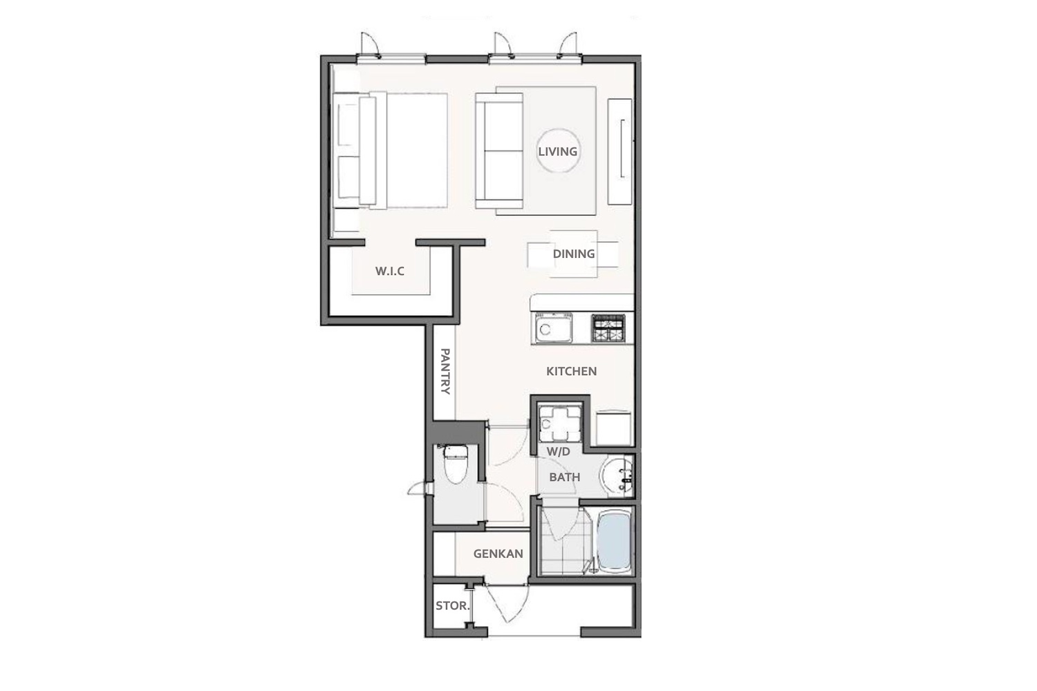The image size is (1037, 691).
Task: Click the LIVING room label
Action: [557, 151]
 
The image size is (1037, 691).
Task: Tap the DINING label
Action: [574, 254]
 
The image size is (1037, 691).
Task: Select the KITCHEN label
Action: [571, 371]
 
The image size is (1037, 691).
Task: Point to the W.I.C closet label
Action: [390, 271]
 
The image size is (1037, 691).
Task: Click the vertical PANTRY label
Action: [445, 371]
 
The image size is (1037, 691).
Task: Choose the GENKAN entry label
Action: [498, 553]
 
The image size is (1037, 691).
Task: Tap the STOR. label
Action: [453, 605]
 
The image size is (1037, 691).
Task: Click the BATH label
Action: [565, 477]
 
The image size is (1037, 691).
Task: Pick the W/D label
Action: [559, 452]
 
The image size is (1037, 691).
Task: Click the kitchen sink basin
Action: [554, 328]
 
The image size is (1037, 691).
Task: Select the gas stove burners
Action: [608, 328]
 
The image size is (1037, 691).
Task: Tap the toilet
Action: [456, 464]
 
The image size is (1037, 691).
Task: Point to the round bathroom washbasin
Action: [617, 476]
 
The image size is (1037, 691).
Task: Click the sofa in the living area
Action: [499, 151]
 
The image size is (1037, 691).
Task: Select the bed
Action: [390, 151]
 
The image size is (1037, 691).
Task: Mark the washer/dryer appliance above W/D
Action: [560, 423]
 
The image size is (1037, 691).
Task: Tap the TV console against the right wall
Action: [620, 151]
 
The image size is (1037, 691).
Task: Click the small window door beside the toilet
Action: [420, 489]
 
